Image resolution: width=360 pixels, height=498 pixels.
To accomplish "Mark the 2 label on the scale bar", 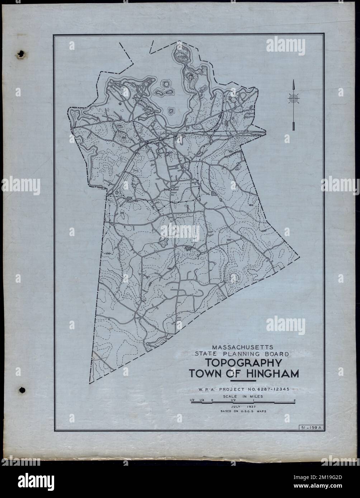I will (x=294, y=400).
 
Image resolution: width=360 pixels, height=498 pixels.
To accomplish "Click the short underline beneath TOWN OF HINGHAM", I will (x=243, y=380).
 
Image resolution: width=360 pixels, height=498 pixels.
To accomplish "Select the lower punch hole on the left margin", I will (x=22, y=390).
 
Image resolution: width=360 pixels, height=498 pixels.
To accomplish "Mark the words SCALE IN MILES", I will (x=243, y=396).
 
